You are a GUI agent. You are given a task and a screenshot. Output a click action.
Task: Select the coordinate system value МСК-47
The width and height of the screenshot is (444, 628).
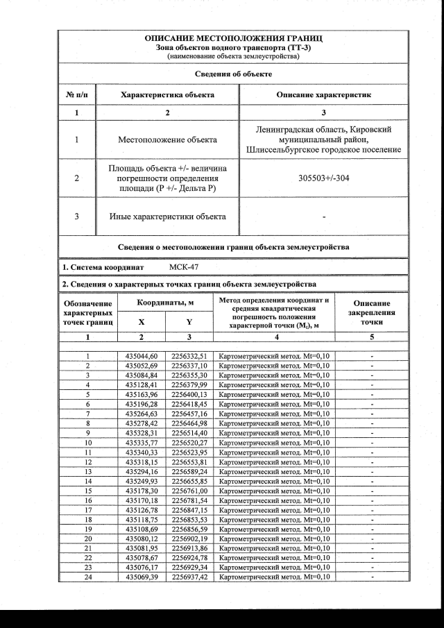(184, 266)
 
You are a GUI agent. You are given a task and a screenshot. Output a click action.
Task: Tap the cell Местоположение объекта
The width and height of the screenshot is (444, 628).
(168, 139)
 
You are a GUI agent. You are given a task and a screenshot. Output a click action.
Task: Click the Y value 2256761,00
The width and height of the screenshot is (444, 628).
(189, 491)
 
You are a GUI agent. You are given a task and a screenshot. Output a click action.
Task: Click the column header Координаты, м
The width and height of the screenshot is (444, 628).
(165, 303)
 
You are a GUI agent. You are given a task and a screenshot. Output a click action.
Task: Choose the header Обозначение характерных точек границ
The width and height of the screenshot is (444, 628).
(88, 313)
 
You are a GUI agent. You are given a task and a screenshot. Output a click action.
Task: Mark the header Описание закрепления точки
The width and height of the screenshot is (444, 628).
(373, 313)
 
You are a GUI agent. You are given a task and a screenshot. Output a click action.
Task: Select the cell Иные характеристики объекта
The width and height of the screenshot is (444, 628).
(168, 217)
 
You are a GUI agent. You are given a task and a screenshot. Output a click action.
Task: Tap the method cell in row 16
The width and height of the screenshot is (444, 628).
(274, 501)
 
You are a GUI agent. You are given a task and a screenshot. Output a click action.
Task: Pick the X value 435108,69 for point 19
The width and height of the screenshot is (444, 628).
(142, 530)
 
